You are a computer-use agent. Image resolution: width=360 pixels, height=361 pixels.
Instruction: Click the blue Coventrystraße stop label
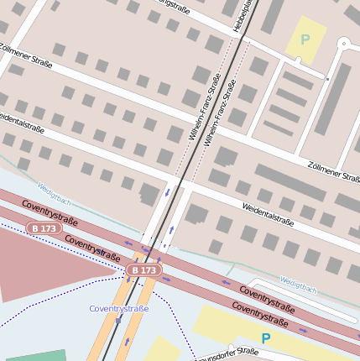pyautogui.click(x=119, y=309)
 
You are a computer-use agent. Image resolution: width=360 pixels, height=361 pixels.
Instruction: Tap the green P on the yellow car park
pyautogui.click(x=305, y=39)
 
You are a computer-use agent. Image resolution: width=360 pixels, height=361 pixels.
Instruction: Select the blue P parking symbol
pyautogui.click(x=265, y=338)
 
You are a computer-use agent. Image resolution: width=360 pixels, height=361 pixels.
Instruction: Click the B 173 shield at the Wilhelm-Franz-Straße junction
pyautogui.click(x=143, y=270)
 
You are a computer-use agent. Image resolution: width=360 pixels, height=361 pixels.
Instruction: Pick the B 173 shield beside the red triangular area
pyautogui.click(x=43, y=228)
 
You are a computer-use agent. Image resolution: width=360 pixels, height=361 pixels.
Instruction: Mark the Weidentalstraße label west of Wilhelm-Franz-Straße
pyautogui.click(x=22, y=123)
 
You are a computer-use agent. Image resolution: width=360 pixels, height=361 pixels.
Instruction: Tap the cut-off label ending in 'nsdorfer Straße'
pyautogui.click(x=227, y=353)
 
